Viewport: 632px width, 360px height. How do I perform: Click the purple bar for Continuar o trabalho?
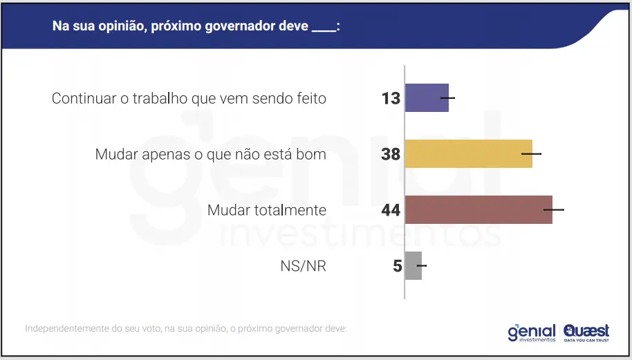[426, 98]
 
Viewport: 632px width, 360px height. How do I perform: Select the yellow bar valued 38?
[467, 154]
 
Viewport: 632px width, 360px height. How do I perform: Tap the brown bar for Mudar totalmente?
[478, 209]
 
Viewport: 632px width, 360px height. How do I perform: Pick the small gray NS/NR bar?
[413, 265]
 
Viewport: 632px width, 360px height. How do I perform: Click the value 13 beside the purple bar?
[391, 98]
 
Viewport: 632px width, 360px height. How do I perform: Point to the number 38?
[391, 154]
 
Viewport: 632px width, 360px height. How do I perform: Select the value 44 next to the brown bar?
[391, 209]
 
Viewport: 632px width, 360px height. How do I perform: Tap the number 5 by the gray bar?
[398, 265]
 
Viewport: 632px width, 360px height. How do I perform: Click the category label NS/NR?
[302, 266]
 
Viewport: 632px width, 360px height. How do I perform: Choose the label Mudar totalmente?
[267, 210]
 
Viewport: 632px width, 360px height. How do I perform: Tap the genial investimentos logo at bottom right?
[531, 332]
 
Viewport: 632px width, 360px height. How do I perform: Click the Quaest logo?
[586, 332]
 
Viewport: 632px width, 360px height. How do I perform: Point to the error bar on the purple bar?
[447, 98]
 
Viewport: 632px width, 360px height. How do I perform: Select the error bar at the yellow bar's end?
[532, 154]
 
